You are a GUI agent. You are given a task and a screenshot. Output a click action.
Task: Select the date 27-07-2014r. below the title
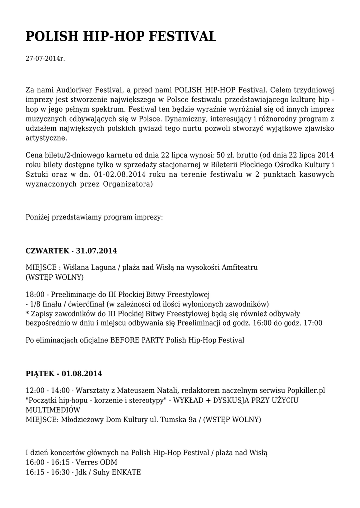pyautogui.click(x=45, y=59)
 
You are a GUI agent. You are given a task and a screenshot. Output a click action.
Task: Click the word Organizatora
pyautogui.click(x=129, y=184)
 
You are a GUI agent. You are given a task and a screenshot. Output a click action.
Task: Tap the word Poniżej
pyautogui.click(x=39, y=217)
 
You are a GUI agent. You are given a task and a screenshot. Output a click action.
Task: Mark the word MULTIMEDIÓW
pyautogui.click(x=53, y=410)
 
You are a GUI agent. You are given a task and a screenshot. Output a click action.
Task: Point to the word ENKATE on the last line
pyautogui.click(x=127, y=472)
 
